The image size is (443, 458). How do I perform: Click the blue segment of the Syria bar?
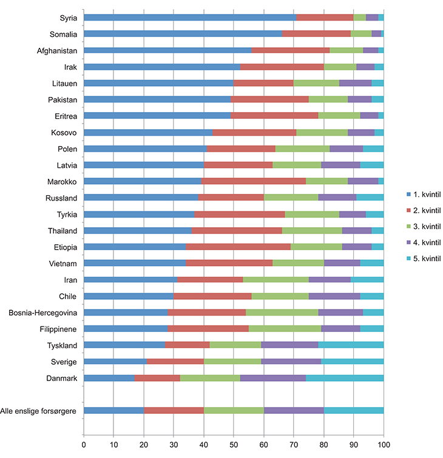click(x=189, y=18)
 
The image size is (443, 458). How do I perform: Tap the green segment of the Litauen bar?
click(x=316, y=83)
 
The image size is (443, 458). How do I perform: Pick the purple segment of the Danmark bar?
click(x=273, y=378)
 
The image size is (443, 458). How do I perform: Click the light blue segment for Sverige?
click(x=353, y=362)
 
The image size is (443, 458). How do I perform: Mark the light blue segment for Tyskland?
click(x=351, y=345)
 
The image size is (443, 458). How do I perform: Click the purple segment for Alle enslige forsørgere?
click(x=294, y=411)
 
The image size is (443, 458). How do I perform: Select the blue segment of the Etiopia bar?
click(x=134, y=247)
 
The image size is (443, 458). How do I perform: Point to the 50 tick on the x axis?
click(x=234, y=444)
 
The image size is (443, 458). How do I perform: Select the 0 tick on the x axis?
click(x=84, y=444)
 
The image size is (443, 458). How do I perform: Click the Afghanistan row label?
click(x=55, y=50)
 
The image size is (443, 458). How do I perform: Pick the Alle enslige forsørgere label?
click(x=38, y=411)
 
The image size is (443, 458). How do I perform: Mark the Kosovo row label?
click(x=63, y=132)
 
